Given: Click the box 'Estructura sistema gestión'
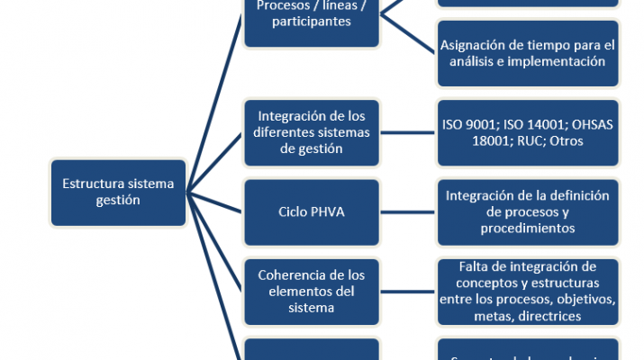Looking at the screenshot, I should click(x=119, y=192).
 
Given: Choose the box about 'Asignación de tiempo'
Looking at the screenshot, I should click(x=528, y=54).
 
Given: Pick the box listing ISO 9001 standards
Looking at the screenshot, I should click(x=528, y=132).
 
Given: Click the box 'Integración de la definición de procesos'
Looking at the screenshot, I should click(x=528, y=212).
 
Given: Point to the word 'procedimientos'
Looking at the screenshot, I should click(x=529, y=229).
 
